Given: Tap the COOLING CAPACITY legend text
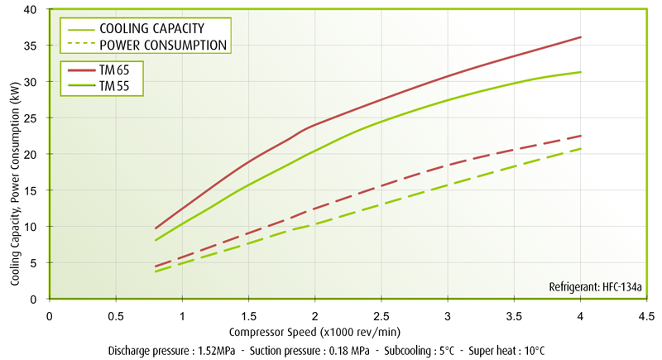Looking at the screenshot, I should (151, 29).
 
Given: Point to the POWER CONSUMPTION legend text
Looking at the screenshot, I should (163, 44).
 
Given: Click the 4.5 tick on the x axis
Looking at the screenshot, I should (646, 315).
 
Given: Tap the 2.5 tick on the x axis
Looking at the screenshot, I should (381, 315).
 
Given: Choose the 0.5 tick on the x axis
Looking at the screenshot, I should (116, 315).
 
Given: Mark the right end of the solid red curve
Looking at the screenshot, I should (581, 37).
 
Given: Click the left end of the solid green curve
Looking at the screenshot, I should (156, 240).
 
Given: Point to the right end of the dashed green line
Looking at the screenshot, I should (581, 149).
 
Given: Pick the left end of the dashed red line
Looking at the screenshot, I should (156, 266).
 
